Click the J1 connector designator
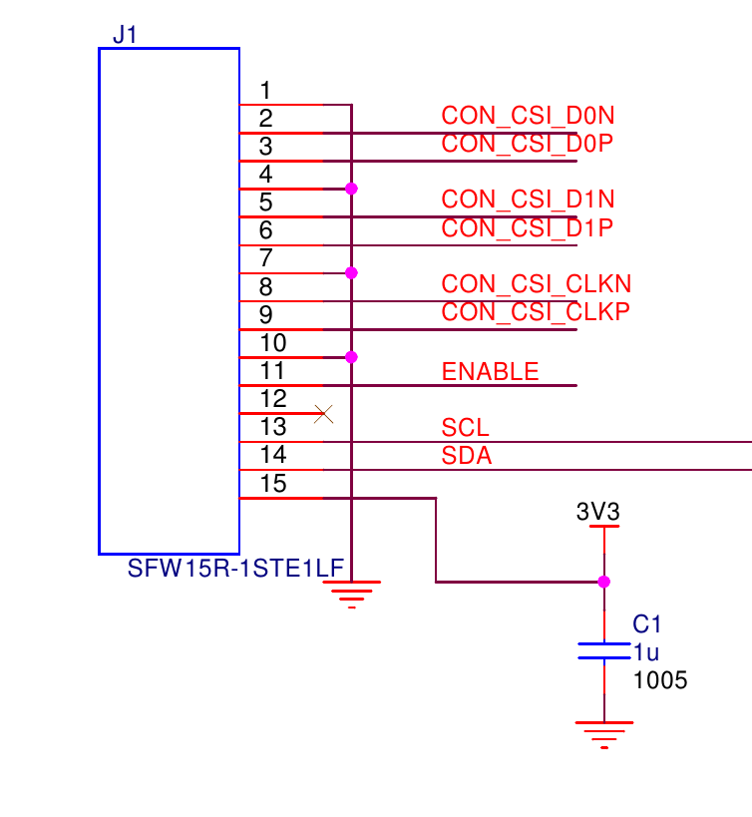(125, 35)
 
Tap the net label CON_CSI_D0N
(528, 116)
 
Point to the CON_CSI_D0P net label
(527, 144)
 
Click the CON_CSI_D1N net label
(528, 200)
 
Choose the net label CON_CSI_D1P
(527, 228)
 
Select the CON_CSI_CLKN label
(536, 284)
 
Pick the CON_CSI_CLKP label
(536, 312)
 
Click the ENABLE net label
(490, 372)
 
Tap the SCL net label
(465, 429)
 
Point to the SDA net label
(467, 457)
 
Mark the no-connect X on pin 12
(323, 413)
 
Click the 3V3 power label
(598, 512)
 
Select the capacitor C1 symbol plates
(603, 650)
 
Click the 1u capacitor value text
(646, 652)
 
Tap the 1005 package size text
(660, 681)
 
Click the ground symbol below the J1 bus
(351, 594)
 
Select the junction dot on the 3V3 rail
(603, 582)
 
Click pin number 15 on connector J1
(272, 484)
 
